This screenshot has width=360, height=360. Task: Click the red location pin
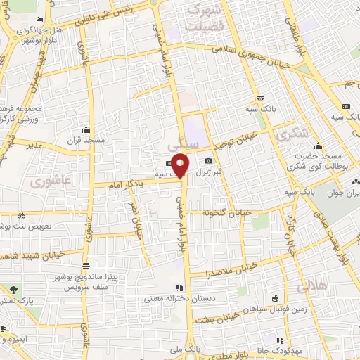coord(180,164)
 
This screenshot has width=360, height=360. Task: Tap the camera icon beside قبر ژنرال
coord(207,162)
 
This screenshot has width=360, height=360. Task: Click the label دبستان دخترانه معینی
coord(173,298)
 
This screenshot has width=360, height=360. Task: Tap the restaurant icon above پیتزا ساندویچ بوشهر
coord(85,266)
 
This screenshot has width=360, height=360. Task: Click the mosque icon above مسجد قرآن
coord(86,129)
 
